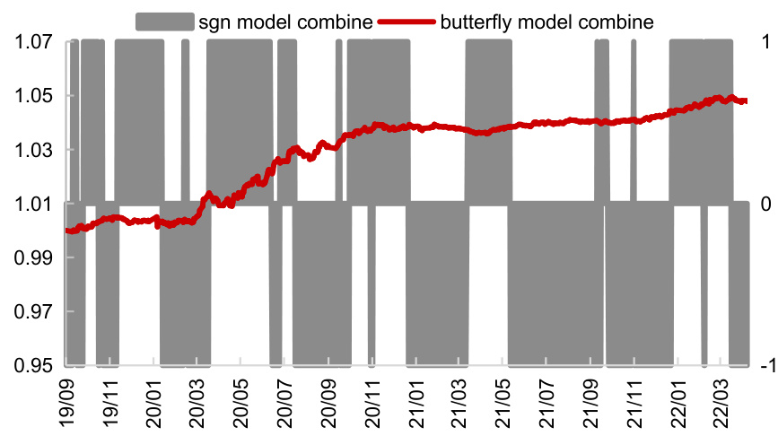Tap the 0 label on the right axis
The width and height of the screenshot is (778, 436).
point(765,205)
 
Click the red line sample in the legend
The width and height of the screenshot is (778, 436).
point(407,19)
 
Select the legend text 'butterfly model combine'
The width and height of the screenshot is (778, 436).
point(546,19)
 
